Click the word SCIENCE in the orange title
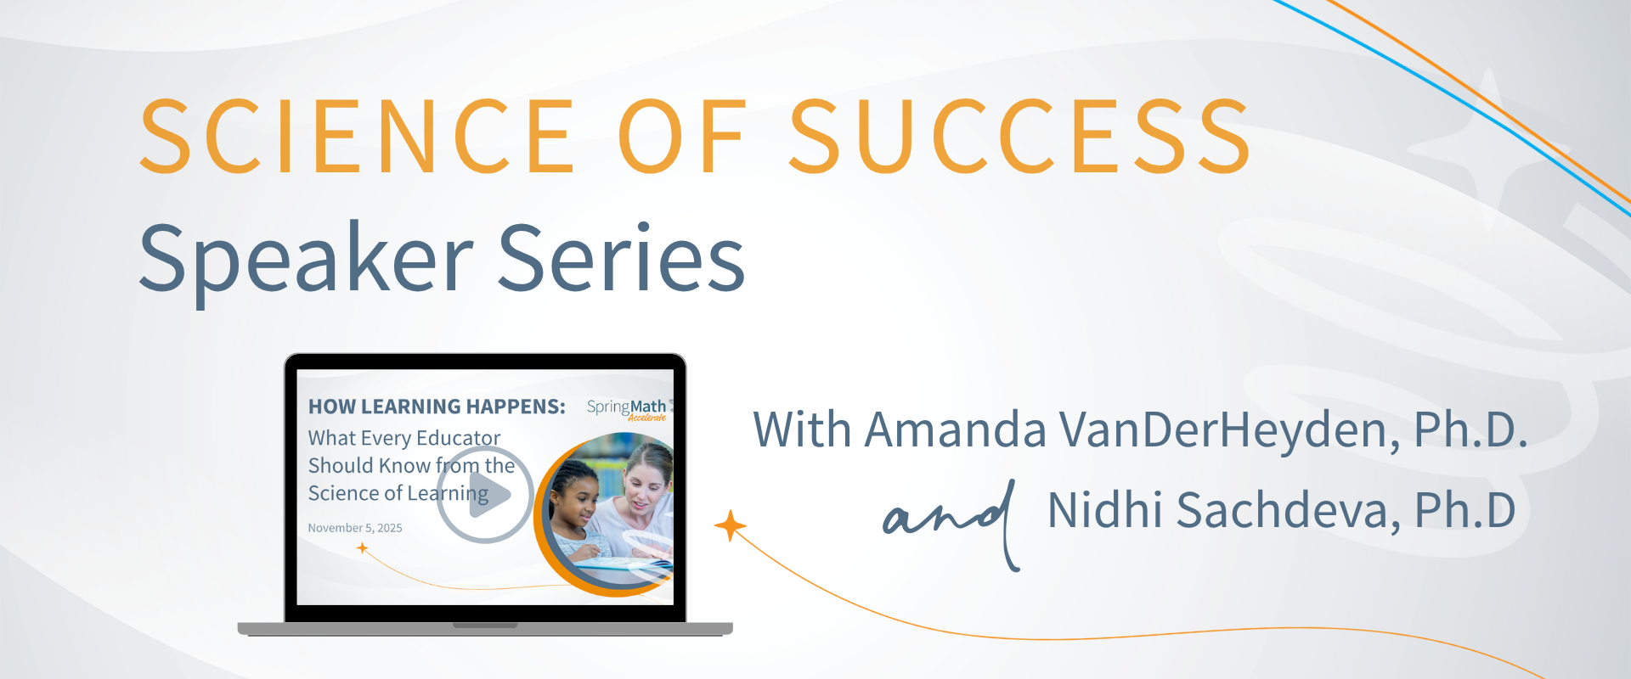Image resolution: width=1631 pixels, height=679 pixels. [x=358, y=136]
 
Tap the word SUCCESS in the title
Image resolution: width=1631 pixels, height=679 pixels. [x=1019, y=136]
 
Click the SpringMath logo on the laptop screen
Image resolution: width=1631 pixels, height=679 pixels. [x=627, y=408]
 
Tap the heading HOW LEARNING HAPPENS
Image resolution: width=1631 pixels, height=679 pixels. [x=437, y=407]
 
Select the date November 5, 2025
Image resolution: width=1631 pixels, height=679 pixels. [x=355, y=528]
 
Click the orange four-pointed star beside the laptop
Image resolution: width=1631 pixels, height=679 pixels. [x=730, y=526]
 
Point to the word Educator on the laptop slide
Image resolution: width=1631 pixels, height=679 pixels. [x=459, y=438]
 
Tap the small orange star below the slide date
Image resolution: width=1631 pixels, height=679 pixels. [x=363, y=548]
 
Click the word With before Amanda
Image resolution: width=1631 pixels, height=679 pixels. [x=803, y=430]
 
